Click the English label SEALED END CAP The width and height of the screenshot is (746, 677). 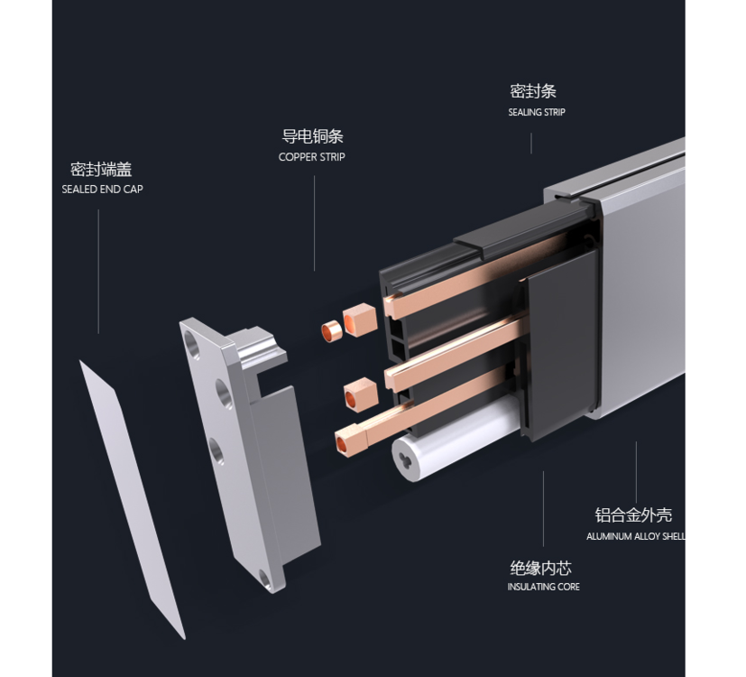click(x=102, y=189)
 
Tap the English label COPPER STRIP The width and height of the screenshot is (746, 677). click(x=311, y=157)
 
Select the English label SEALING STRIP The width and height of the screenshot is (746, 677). click(x=537, y=112)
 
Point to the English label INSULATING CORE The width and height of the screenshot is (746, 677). click(x=543, y=587)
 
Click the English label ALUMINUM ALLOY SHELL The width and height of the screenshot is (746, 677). click(x=636, y=536)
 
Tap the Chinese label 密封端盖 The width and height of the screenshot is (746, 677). click(x=101, y=169)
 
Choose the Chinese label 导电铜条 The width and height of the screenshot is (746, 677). click(x=313, y=136)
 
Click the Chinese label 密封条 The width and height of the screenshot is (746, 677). click(x=533, y=91)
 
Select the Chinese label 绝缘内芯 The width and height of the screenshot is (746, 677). click(x=541, y=568)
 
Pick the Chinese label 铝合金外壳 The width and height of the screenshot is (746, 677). click(x=633, y=515)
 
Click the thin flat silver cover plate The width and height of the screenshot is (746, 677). click(x=132, y=499)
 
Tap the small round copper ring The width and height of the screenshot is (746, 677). click(x=331, y=331)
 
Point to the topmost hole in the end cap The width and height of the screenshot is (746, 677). click(x=192, y=344)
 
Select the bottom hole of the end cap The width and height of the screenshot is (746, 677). click(x=264, y=579)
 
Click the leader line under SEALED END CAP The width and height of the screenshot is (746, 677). click(x=98, y=272)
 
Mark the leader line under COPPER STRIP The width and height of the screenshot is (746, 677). click(x=314, y=223)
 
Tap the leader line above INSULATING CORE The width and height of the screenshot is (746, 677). click(x=543, y=509)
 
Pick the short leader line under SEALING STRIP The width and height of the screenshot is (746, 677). click(x=531, y=144)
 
